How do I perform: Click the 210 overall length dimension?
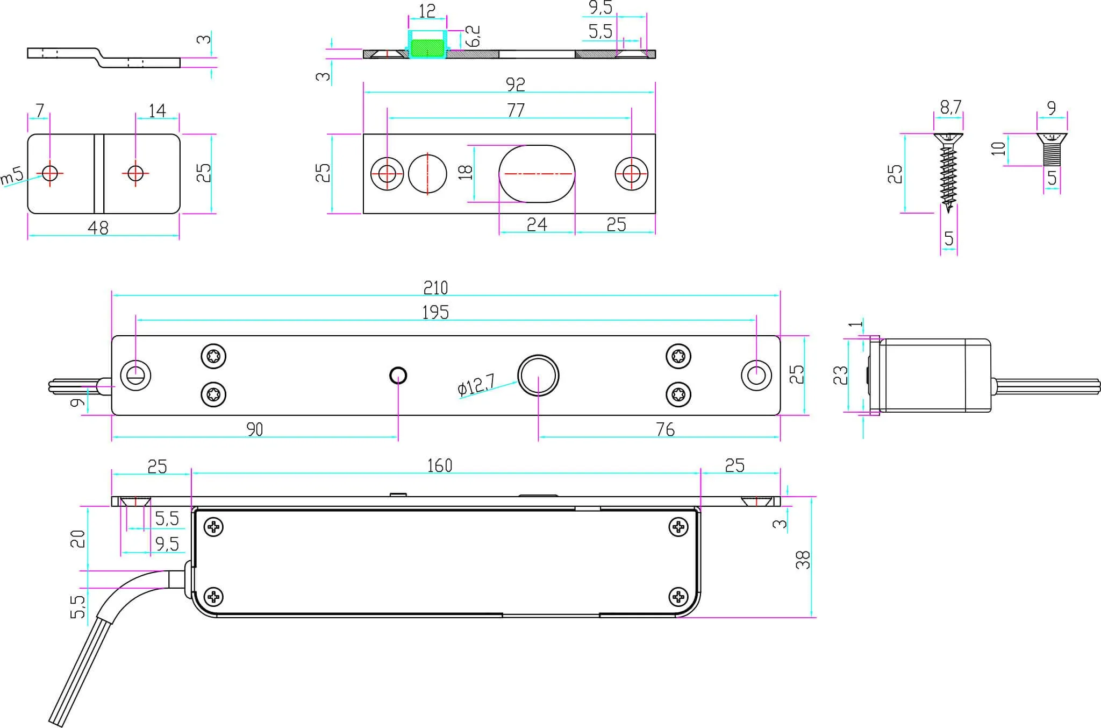click(x=435, y=288)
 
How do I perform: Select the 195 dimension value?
click(x=435, y=312)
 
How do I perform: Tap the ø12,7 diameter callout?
click(x=476, y=385)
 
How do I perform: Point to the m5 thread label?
click(x=12, y=175)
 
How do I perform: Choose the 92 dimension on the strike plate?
click(x=515, y=84)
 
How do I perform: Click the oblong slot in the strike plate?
click(x=537, y=174)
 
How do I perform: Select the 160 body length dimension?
click(x=439, y=465)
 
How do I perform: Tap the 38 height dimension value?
click(x=802, y=560)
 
